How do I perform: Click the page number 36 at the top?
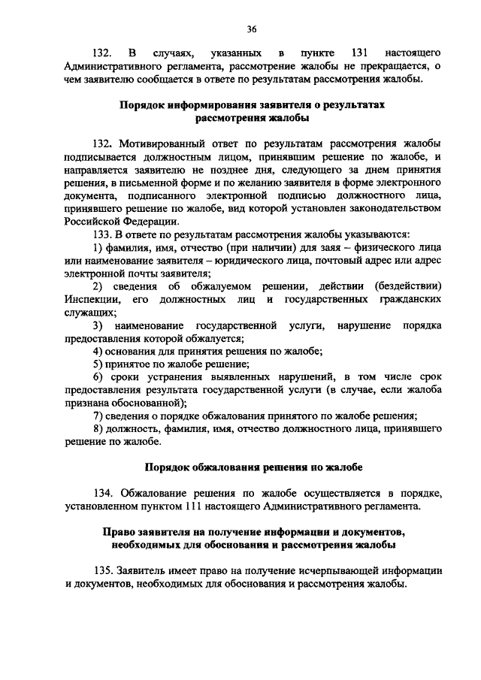click(251, 29)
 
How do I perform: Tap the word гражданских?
click(408, 299)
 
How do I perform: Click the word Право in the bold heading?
click(118, 532)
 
